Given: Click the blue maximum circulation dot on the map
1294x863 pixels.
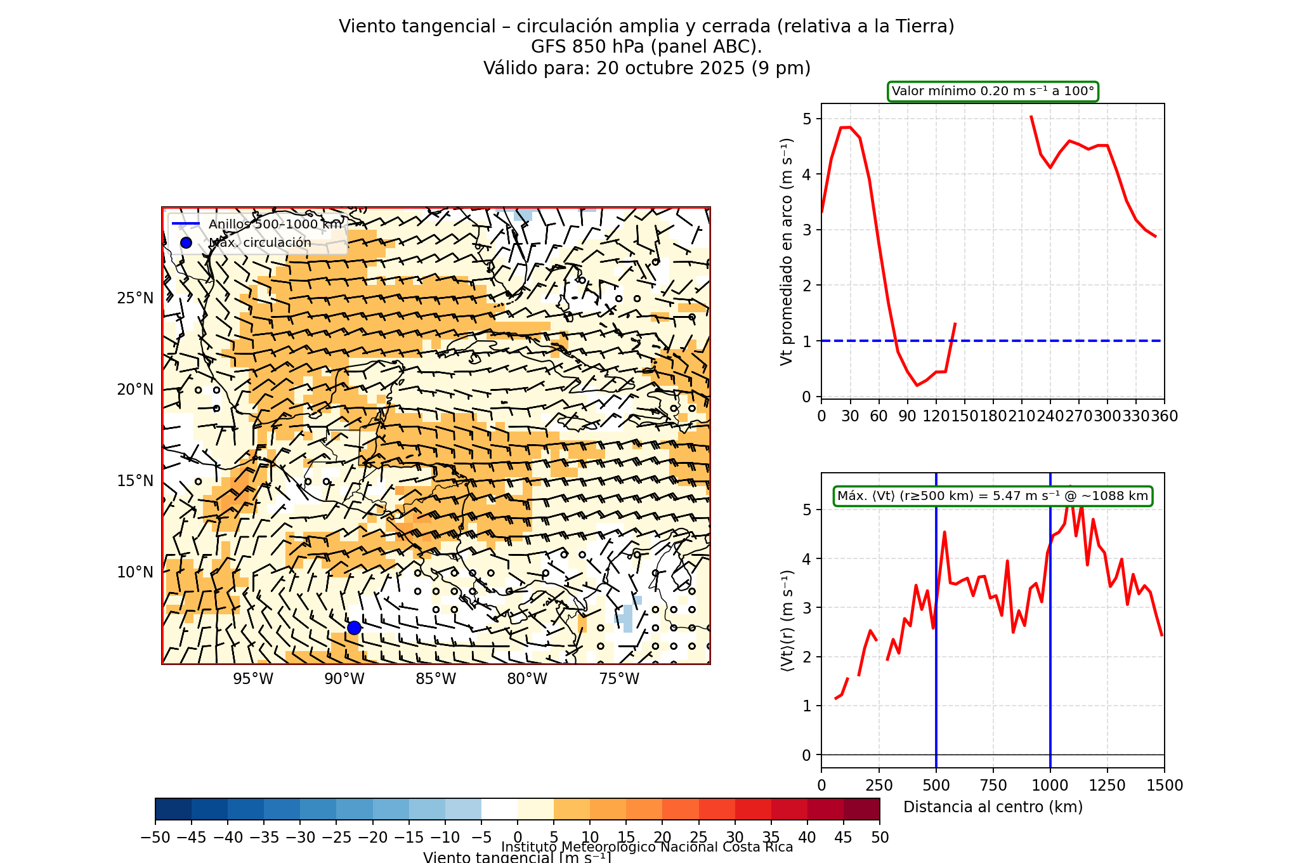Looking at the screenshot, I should tap(354, 628).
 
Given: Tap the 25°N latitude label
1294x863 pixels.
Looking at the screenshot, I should tap(135, 298).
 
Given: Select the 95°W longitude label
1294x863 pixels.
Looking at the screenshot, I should tap(253, 679).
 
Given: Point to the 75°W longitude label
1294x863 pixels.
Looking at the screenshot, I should tap(619, 679).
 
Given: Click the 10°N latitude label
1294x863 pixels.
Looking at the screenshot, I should tap(135, 572).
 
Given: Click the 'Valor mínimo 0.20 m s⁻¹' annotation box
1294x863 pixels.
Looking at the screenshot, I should tap(993, 91).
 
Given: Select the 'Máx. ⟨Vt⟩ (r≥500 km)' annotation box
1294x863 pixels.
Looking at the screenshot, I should tap(993, 496).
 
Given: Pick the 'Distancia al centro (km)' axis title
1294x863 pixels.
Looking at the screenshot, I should tap(993, 807).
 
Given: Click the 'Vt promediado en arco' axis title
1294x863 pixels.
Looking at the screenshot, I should tap(787, 251).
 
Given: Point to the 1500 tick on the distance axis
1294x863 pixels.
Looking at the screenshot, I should tap(1165, 786).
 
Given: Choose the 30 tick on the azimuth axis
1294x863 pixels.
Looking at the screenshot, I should tap(850, 416).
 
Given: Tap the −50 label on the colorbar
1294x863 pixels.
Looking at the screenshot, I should tap(155, 838).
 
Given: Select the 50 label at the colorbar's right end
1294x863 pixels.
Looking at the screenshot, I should tap(880, 838).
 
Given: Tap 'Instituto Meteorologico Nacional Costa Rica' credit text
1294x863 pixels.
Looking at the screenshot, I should tap(647, 847).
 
